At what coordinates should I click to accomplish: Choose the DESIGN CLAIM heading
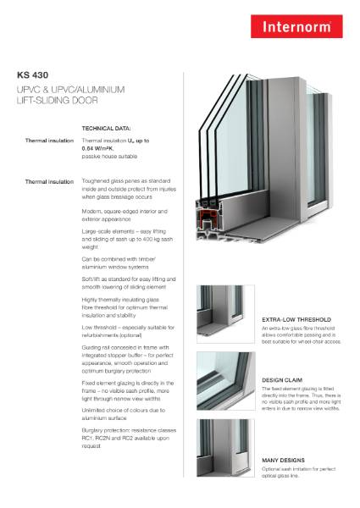point(280,380)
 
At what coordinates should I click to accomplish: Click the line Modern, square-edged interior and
point(126,208)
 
